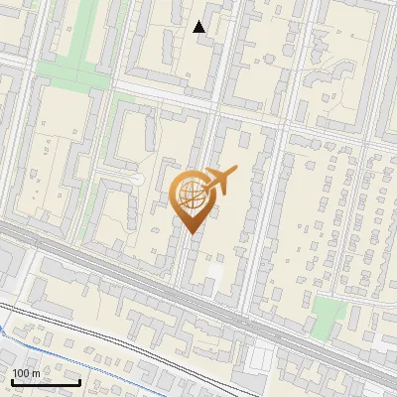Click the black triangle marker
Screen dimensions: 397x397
pos(199,27)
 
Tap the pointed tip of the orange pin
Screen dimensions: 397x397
pos(192,232)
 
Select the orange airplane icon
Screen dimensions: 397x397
pos(219,180)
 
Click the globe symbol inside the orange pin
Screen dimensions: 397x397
pos(191,196)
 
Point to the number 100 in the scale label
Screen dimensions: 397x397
pos(22,372)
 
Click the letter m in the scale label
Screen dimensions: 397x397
pos(37,372)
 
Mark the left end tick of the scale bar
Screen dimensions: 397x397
pos(11,381)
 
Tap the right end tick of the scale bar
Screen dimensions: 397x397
pos(79,381)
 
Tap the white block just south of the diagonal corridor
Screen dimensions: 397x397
pos(263,351)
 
